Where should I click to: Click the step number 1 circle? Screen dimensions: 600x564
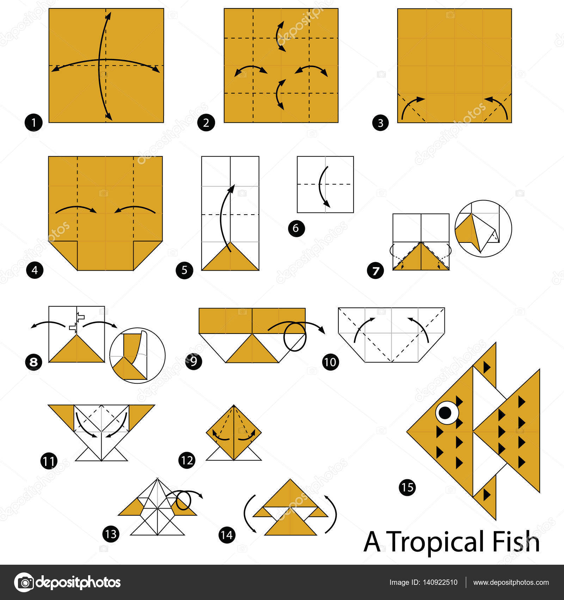pos(33,123)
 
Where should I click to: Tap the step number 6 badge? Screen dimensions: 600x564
pos(296,228)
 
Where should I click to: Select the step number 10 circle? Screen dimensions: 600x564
pos(331,362)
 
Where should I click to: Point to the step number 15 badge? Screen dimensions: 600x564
pos(407,487)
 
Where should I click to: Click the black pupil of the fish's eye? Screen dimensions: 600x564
pos(445,412)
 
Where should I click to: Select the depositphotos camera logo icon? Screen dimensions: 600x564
pos(24,582)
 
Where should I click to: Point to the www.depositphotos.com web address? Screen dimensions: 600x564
pos(511,582)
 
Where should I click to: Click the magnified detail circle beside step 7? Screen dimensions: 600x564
pos(483,228)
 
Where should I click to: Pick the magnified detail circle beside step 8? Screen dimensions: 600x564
pos(137,355)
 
